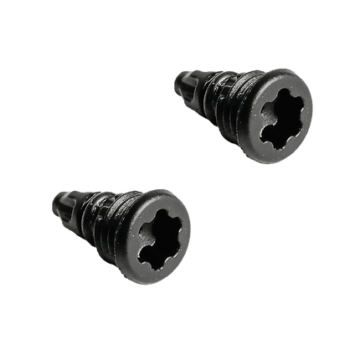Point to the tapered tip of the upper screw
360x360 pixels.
coord(183,83)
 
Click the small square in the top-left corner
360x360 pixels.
coord(38,25)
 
